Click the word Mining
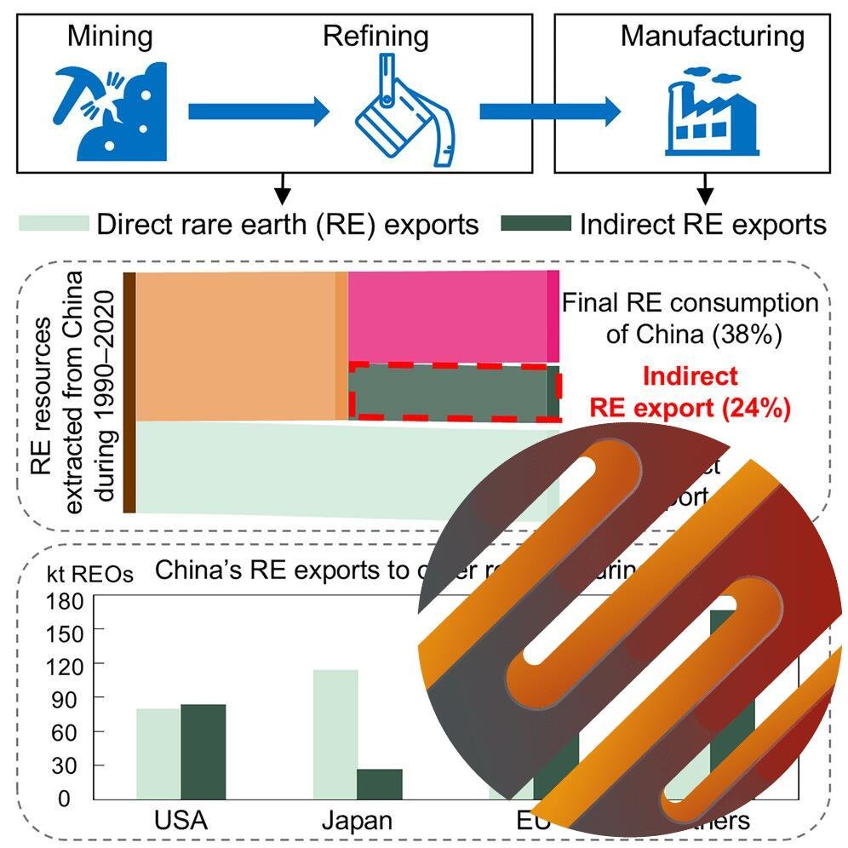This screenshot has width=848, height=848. pos(111,36)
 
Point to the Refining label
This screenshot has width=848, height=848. pos(375,36)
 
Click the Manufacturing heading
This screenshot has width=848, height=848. pos(712,36)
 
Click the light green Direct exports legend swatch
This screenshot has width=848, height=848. pos(54,223)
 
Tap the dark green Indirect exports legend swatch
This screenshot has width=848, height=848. pos(536,223)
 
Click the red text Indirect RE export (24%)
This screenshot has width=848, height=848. pos(690,392)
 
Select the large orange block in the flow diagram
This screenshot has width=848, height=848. pos(235,346)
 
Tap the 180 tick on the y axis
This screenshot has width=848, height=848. pos(70,600)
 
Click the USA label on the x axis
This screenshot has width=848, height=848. pos(180,822)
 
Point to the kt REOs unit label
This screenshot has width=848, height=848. pos(76,573)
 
